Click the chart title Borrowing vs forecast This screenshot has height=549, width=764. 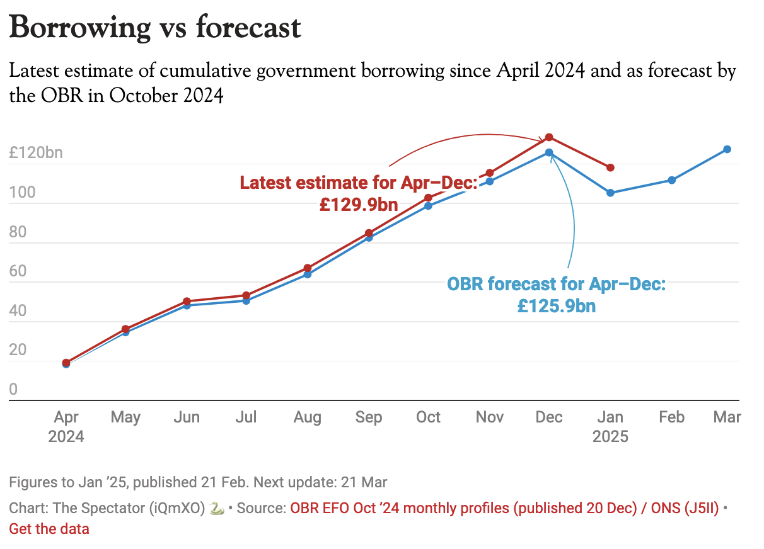pos(155,28)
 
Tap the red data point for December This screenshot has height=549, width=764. pos(549,137)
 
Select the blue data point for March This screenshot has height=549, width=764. pos(727,149)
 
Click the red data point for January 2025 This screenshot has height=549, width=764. pos(610,167)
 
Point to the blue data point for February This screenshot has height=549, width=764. pos(672,180)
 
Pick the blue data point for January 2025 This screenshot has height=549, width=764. pos(610,193)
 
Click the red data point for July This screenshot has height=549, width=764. pos(246,295)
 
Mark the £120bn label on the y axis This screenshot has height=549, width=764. pos(36,152)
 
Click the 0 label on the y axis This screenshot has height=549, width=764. pos(14,389)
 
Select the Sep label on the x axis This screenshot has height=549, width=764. pos(369,417)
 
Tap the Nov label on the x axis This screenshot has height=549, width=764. pos(490,417)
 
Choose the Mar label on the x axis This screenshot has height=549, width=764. pos(727,417)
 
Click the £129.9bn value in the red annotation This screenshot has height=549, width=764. pos(358,205)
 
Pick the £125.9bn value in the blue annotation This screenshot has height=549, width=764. pos(557,306)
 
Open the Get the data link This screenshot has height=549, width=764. pos(49,529)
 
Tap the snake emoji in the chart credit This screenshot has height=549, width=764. pos(216,509)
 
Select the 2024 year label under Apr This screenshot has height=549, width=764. pos(66,436)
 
